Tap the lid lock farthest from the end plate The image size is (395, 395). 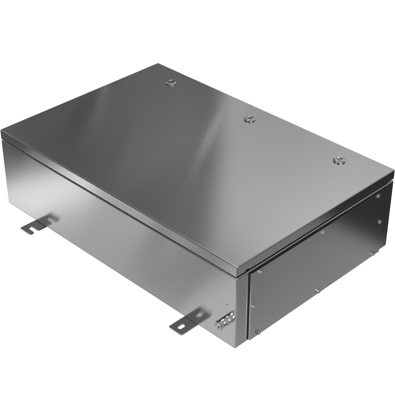(171, 82)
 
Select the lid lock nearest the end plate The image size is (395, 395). (338, 160)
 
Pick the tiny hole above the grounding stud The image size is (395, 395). (226, 305)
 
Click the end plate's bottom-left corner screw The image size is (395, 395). (257, 332)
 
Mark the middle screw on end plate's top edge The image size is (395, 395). (322, 232)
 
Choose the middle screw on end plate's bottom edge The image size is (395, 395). (317, 290)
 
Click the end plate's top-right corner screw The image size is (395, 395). (378, 196)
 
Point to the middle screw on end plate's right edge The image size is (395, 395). (379, 222)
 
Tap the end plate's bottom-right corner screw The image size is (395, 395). (372, 253)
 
